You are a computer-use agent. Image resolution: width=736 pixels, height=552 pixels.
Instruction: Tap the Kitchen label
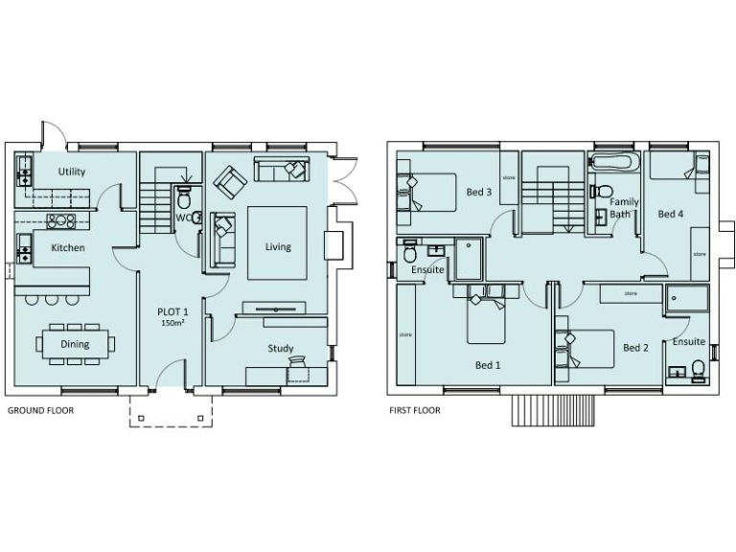[x=68, y=247]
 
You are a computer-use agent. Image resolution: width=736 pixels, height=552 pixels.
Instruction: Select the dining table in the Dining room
[x=75, y=343]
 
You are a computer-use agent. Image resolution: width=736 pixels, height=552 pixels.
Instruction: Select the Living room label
[x=278, y=246]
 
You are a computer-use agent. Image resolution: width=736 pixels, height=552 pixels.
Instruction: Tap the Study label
[x=281, y=348]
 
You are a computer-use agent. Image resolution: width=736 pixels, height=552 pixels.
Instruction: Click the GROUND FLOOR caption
[x=40, y=410]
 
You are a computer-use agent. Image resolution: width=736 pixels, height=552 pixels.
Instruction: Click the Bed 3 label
[x=479, y=192]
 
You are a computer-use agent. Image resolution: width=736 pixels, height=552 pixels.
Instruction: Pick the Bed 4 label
[x=671, y=214]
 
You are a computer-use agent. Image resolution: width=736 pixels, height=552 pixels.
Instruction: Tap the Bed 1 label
[x=488, y=365]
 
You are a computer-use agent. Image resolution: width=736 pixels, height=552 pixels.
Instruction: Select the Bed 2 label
[x=635, y=347]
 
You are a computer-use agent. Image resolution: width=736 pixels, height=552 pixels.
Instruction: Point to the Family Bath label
[x=624, y=208]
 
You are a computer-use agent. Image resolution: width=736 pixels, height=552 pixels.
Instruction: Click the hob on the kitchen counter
[x=62, y=220]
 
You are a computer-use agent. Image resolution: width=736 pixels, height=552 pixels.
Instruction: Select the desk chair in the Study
[x=298, y=365]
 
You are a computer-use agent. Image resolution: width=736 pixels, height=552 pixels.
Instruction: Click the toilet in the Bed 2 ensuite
[x=697, y=368]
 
